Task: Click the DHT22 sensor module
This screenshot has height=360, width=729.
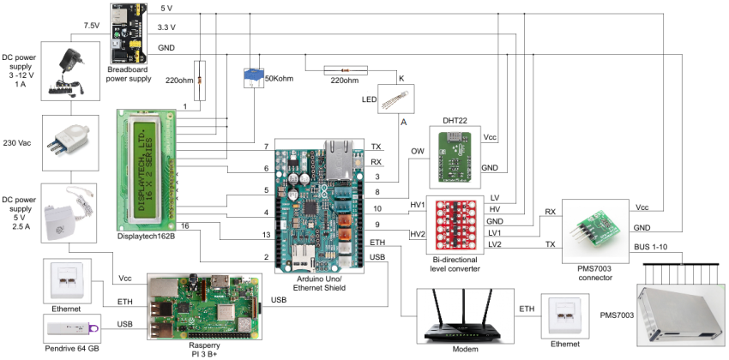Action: tap(455, 154)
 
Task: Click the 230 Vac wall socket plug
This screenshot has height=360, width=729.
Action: tap(64, 141)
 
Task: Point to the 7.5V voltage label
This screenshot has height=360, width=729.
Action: tap(93, 26)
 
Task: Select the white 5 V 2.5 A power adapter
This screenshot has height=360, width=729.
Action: tap(64, 214)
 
